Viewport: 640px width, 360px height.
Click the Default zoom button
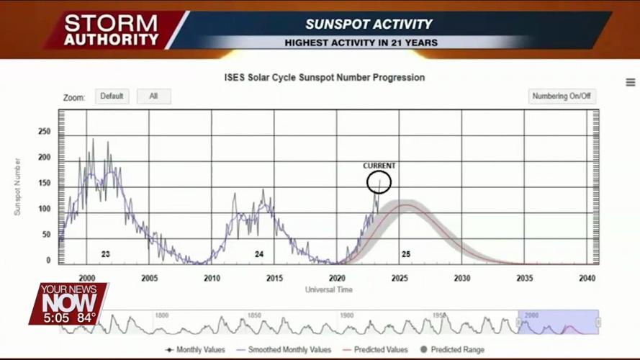tap(112, 96)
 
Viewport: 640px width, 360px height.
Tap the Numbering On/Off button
tap(562, 96)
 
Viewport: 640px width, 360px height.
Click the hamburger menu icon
tap(631, 83)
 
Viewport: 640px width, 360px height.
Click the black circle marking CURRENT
tap(379, 182)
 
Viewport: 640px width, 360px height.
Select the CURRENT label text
tap(379, 166)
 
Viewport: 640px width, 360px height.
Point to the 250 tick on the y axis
tap(45, 132)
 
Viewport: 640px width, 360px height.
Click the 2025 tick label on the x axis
tap(400, 279)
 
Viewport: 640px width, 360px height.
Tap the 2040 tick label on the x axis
tap(587, 279)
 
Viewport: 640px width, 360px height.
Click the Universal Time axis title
tap(329, 289)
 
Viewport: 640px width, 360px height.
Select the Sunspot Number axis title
tap(18, 187)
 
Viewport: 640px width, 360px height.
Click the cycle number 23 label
tap(105, 254)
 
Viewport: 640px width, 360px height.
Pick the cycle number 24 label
tap(259, 254)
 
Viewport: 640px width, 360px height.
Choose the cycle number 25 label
tap(406, 254)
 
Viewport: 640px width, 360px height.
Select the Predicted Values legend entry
tap(376, 350)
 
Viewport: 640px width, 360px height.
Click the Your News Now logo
tap(68, 302)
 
